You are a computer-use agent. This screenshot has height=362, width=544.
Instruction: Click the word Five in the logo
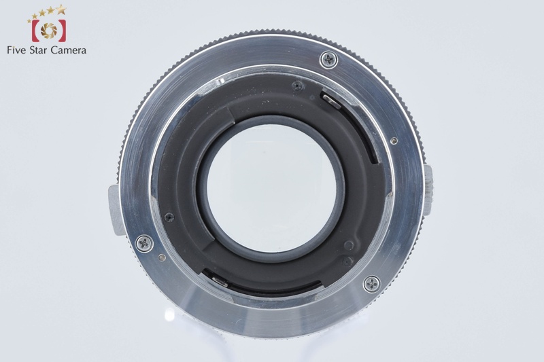tap(16, 50)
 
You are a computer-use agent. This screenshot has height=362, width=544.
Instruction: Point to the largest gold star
tap(61, 10)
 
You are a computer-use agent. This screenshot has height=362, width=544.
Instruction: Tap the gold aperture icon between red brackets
tap(48, 31)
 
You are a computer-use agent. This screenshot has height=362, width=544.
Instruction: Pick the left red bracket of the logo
tap(36, 31)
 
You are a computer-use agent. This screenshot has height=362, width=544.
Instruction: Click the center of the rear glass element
tap(271, 187)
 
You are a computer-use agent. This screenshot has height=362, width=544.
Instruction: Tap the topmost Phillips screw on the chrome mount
tap(328, 60)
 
